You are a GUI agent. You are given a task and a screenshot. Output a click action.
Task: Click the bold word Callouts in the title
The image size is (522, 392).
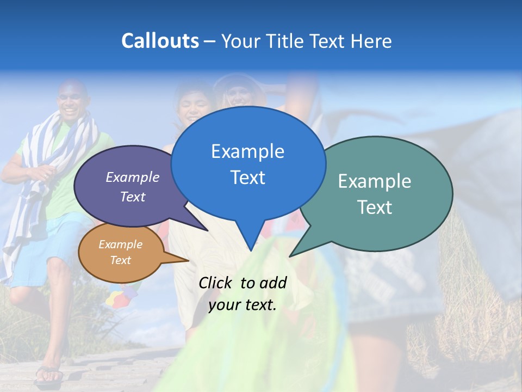click(x=160, y=41)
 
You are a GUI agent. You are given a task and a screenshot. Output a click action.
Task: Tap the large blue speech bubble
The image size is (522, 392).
click(x=247, y=163)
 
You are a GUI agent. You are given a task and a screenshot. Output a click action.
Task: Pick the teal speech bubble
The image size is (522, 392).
click(x=381, y=193)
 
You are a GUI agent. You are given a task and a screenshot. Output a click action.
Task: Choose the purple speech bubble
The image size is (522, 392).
click(x=125, y=188)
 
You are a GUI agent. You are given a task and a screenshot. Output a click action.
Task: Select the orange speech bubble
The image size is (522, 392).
click(x=121, y=252)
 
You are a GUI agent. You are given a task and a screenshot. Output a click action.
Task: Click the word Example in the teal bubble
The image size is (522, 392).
click(x=375, y=181)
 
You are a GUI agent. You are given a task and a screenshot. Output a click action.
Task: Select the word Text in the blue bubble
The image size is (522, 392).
click(x=247, y=177)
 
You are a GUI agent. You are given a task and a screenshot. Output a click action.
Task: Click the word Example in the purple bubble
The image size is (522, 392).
click(x=133, y=177)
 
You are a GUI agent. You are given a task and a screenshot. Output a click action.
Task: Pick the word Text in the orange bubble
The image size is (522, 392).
click(x=121, y=260)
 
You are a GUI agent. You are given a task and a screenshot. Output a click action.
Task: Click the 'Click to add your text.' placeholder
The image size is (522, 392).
click(x=242, y=294)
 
